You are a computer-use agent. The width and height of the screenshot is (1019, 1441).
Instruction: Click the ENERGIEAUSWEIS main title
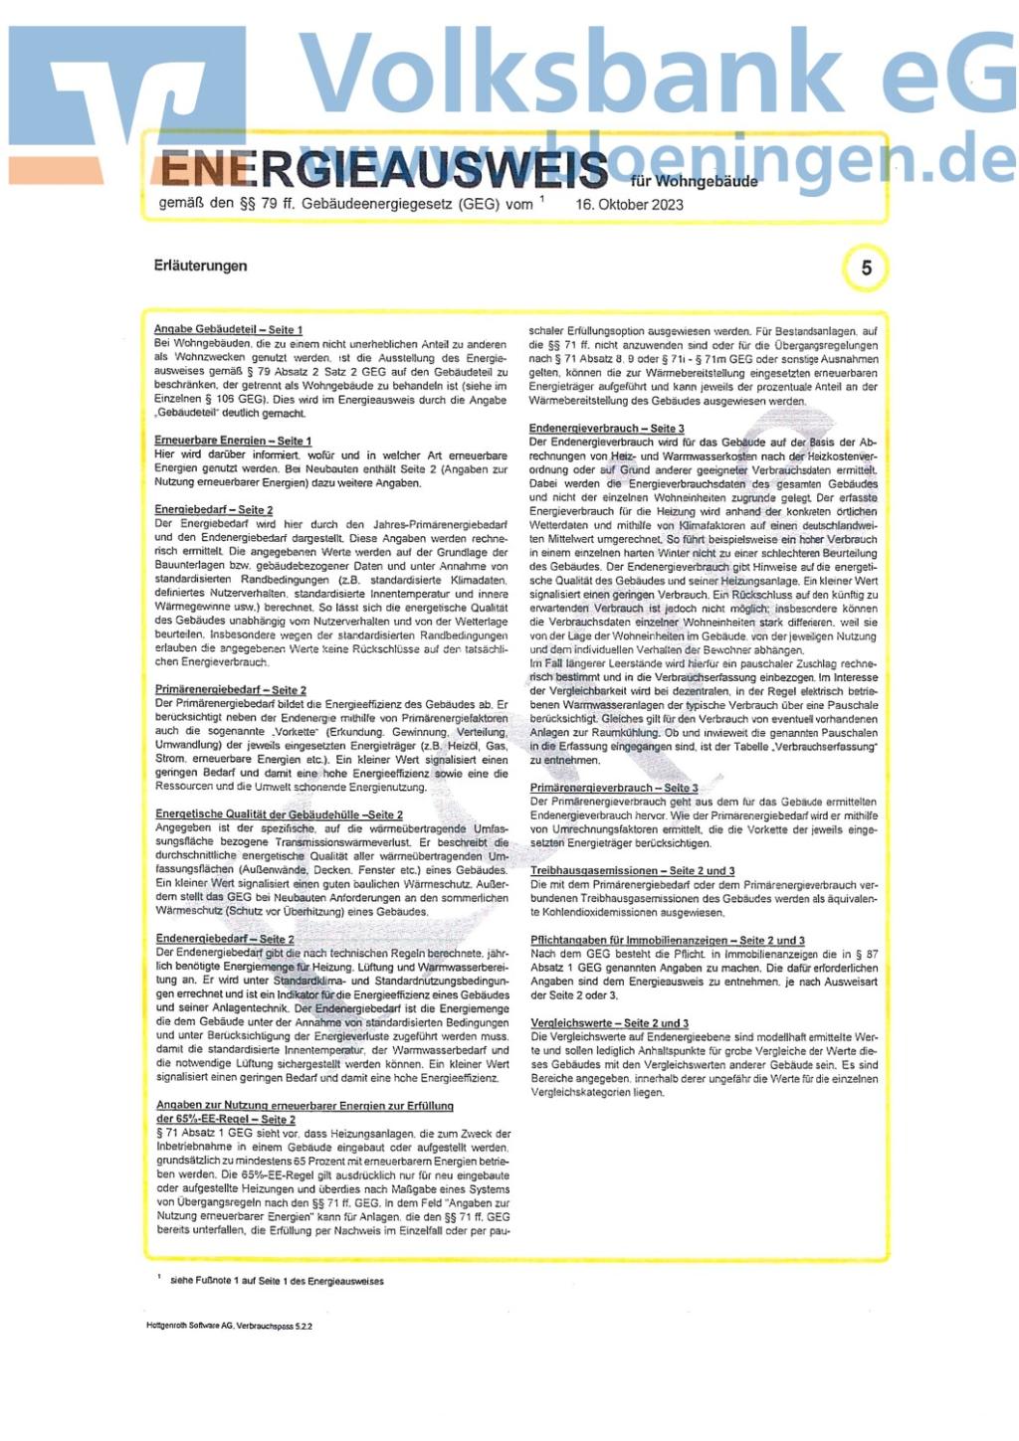(383, 169)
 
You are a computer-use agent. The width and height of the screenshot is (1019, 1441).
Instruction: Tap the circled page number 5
(866, 269)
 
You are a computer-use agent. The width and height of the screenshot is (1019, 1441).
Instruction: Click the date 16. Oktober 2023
(629, 205)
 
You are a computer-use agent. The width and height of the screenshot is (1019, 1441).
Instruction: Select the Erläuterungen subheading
(201, 266)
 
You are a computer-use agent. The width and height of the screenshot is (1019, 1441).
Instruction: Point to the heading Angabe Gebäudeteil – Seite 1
(228, 329)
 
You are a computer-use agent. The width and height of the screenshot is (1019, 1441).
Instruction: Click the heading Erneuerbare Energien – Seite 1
(233, 441)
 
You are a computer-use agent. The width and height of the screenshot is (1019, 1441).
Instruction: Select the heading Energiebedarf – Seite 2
(214, 510)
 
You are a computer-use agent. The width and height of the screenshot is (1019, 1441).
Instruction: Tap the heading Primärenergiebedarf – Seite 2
(231, 689)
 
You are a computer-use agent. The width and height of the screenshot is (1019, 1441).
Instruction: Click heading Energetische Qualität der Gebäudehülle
(279, 814)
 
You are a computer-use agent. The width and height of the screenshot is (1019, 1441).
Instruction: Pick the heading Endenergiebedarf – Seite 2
(225, 939)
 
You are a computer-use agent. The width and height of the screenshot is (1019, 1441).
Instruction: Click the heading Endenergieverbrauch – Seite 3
(606, 429)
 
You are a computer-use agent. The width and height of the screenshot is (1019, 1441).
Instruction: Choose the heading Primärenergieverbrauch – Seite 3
(614, 788)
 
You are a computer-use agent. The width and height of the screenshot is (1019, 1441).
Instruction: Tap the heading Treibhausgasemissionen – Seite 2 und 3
(632, 870)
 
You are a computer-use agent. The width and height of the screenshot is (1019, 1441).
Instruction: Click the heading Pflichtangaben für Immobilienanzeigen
(667, 940)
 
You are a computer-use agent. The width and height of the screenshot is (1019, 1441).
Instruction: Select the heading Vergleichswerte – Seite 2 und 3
(609, 1023)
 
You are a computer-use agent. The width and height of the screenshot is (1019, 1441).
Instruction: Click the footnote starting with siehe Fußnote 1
(277, 1281)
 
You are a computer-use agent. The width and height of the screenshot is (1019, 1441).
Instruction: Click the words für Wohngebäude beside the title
(694, 181)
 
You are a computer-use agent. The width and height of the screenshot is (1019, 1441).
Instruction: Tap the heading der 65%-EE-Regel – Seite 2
(226, 1119)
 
